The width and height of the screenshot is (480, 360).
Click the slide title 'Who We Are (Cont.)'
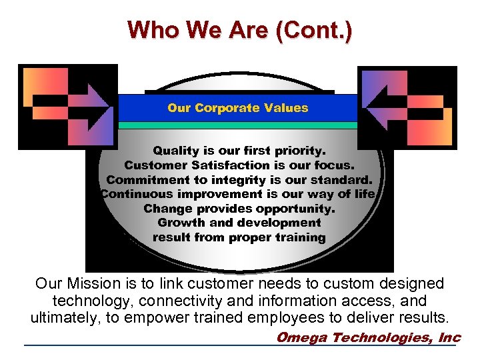point(240,29)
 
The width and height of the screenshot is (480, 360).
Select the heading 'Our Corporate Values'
point(238,108)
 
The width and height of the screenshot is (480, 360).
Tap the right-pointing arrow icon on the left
point(68,107)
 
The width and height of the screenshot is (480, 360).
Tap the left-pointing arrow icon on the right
point(407,107)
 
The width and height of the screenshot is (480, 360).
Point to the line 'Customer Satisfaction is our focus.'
point(239,165)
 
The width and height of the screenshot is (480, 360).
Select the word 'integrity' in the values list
point(254,180)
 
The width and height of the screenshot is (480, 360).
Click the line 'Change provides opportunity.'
point(239,209)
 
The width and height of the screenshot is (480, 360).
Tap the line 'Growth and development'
point(239,223)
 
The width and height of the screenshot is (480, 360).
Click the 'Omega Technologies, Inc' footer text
point(368,337)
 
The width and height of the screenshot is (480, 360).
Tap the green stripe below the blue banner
point(238,125)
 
